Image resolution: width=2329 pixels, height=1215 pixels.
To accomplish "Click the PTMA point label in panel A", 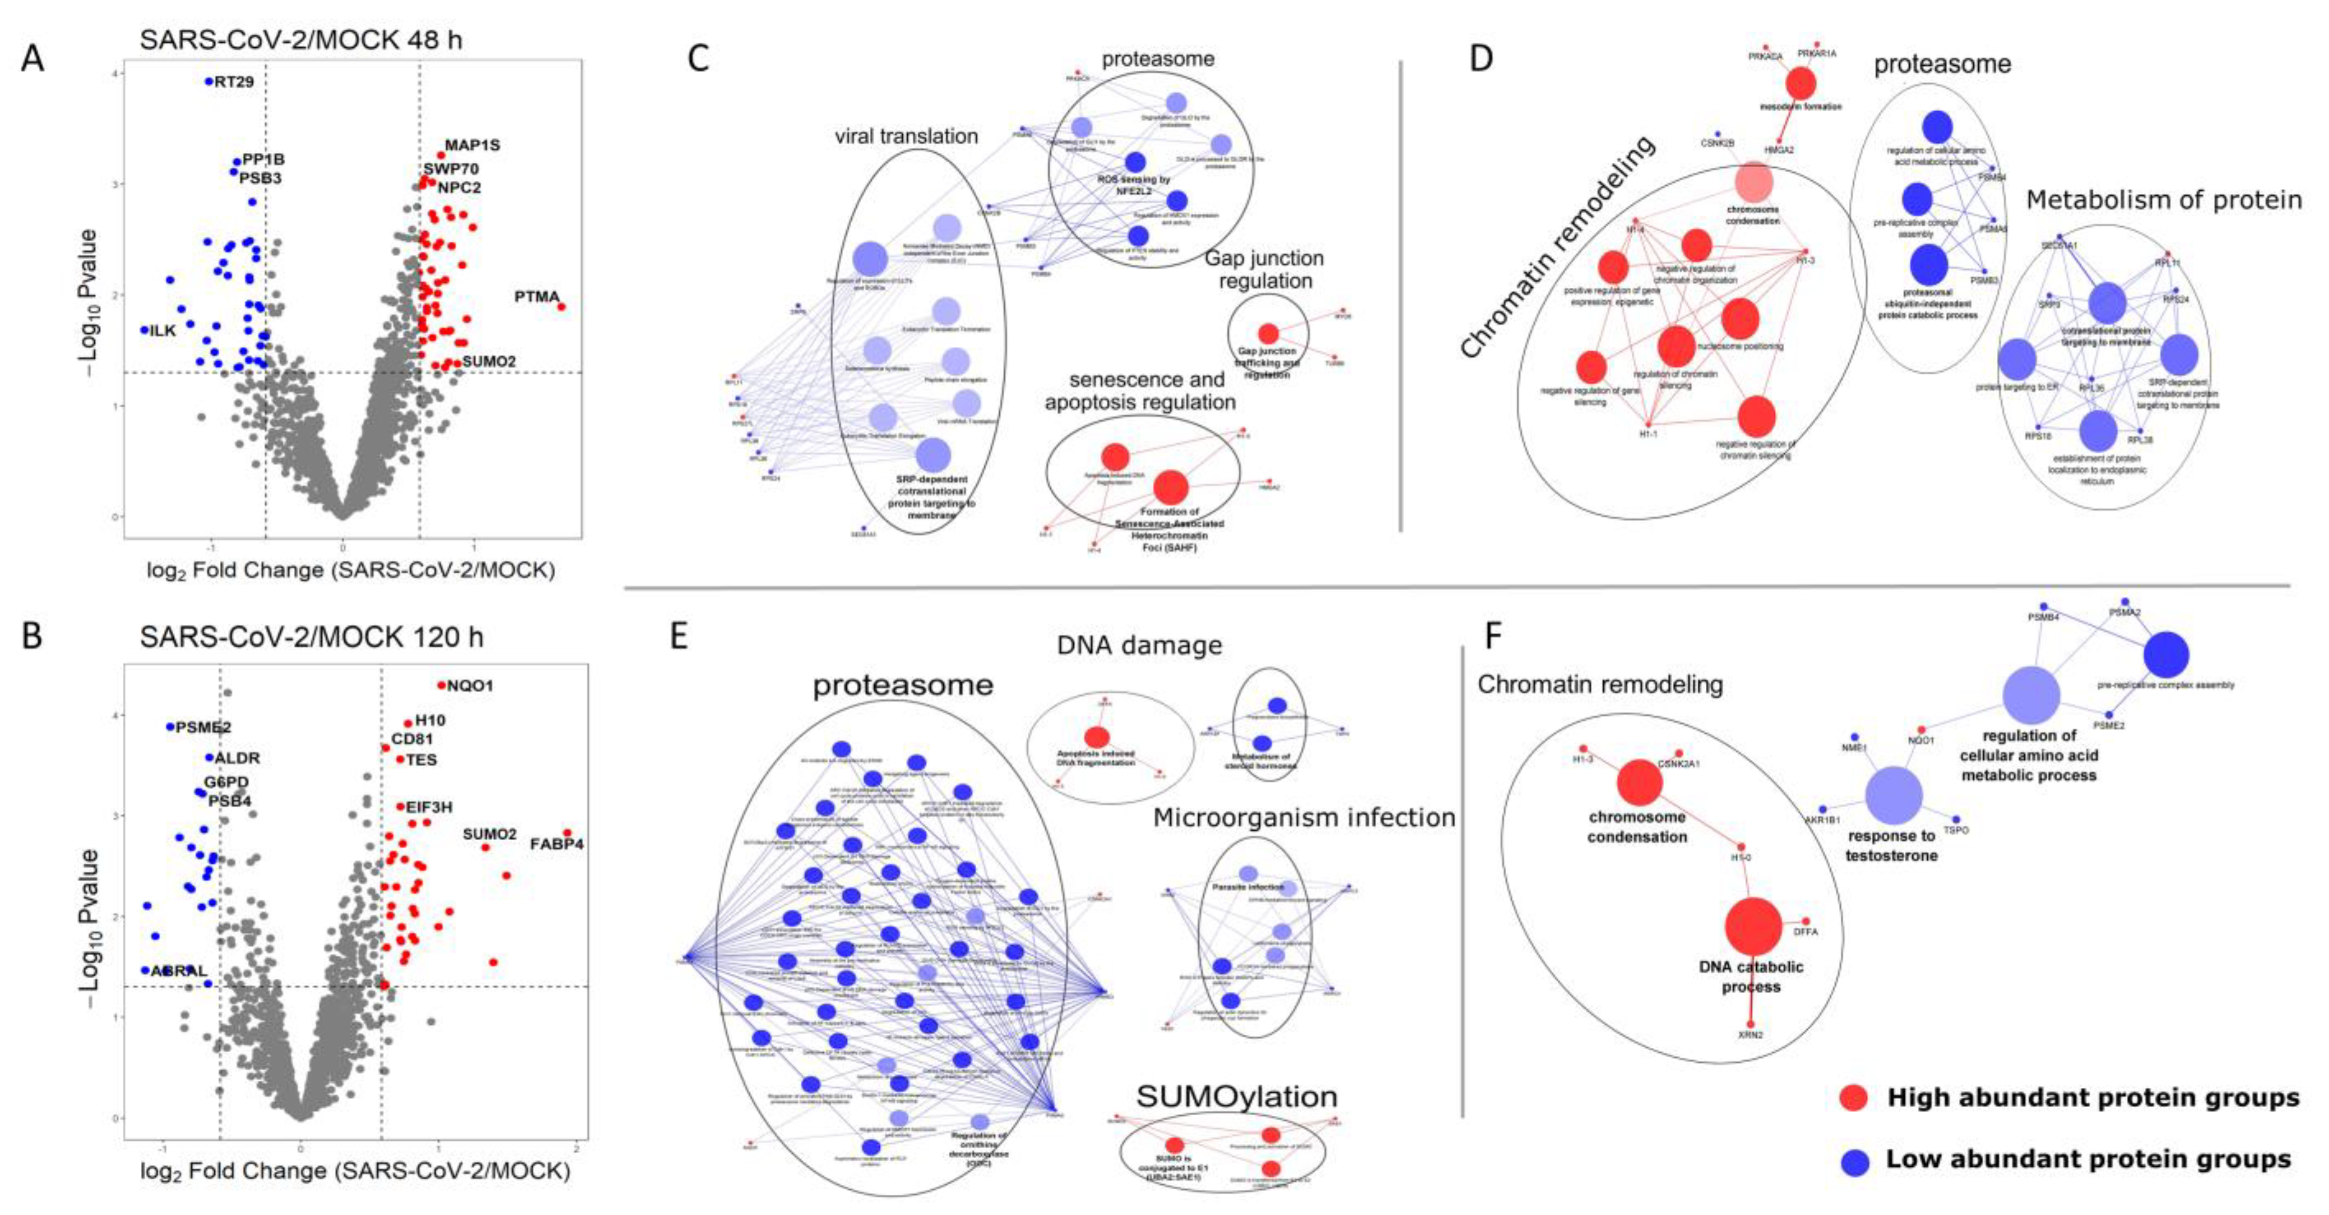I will [537, 296].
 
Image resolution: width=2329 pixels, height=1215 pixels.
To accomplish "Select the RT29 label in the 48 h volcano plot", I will [234, 81].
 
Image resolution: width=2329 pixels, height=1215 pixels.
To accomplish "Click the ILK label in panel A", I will [163, 331].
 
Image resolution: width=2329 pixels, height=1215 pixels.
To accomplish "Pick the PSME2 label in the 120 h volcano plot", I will [203, 727].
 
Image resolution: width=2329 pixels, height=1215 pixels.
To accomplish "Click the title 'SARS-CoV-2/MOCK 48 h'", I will [300, 40].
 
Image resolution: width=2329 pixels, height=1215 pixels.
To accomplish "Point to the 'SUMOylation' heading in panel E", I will [1236, 1097].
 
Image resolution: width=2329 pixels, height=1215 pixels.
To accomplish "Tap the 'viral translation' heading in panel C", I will [906, 136].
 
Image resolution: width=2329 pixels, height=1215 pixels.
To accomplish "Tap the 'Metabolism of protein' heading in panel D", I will [2163, 201].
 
